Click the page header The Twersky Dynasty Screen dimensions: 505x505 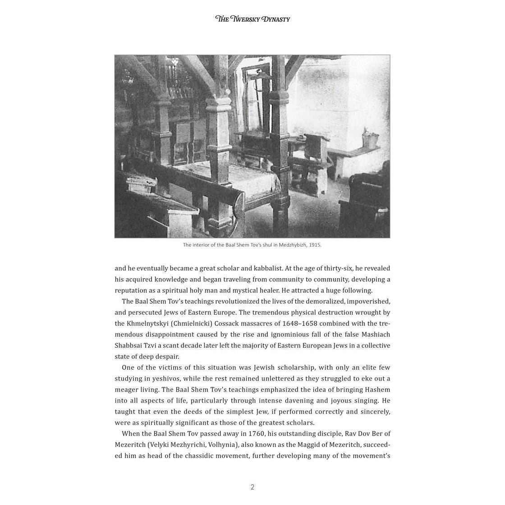(252, 19)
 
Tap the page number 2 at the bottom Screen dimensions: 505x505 (252, 487)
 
